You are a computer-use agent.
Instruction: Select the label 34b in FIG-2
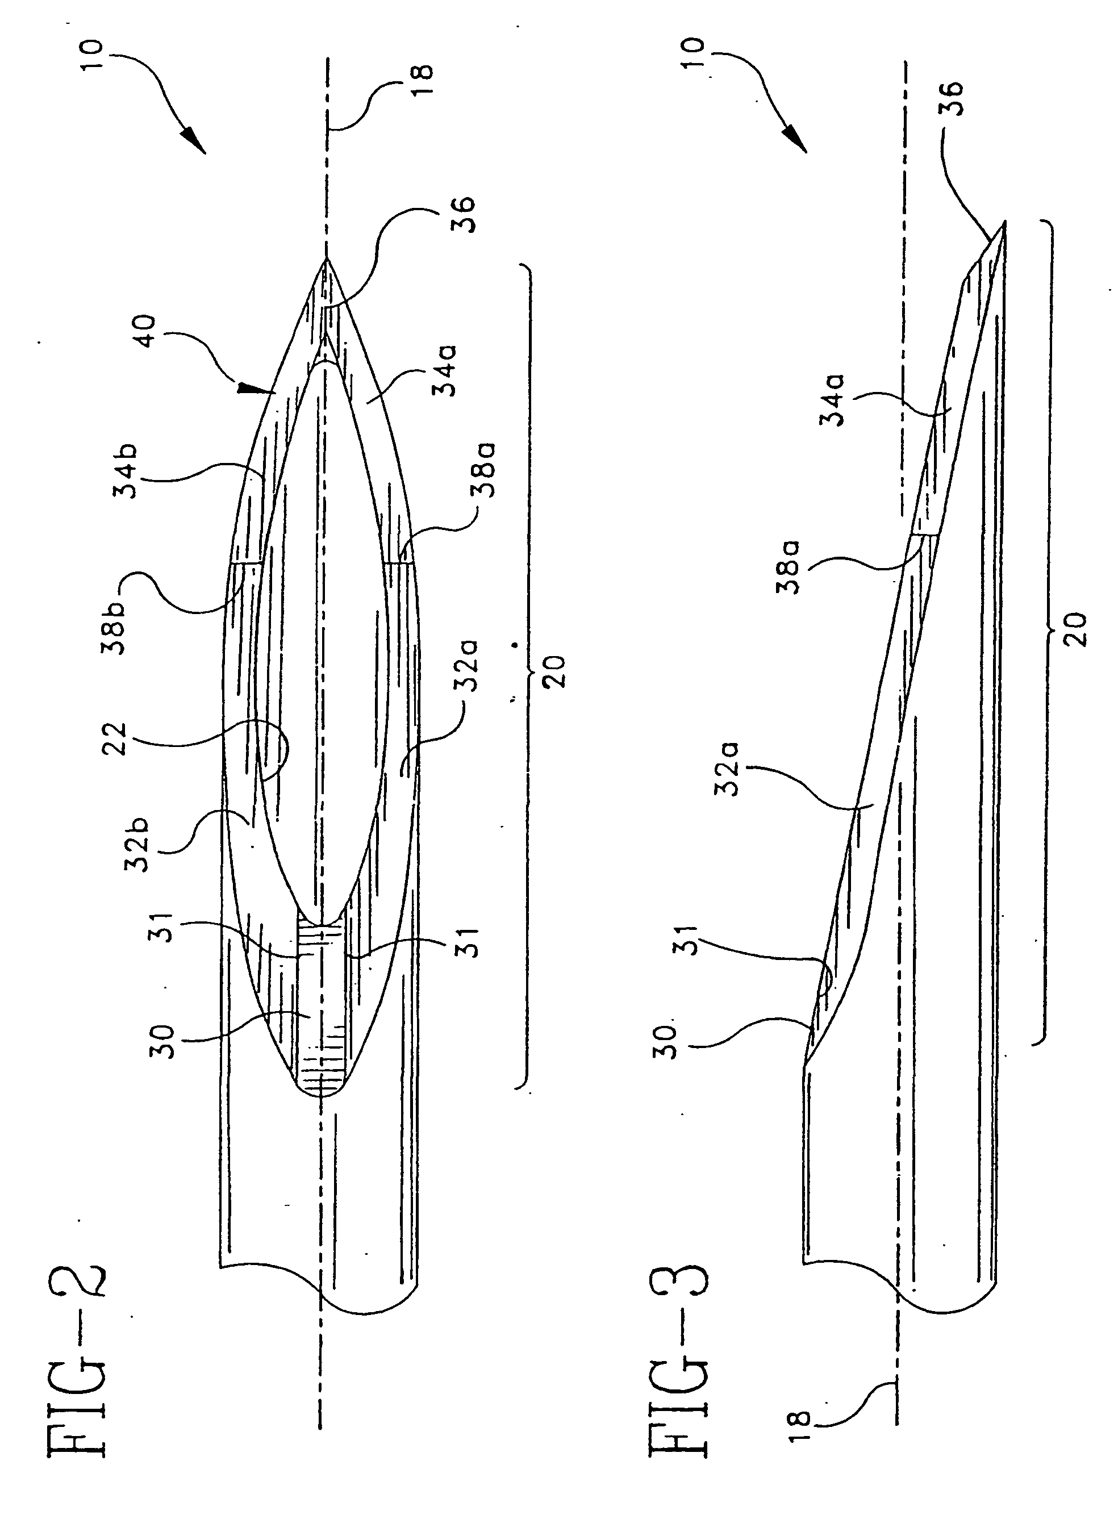pos(126,471)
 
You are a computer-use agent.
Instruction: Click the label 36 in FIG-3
pos(953,99)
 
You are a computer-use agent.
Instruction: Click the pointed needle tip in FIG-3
pos(1004,222)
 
